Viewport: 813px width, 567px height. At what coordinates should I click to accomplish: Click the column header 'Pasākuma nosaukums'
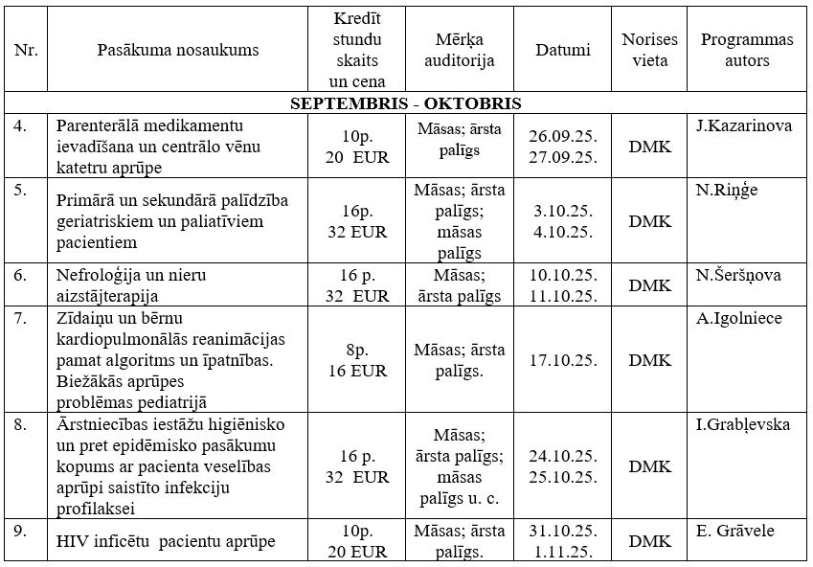click(x=178, y=51)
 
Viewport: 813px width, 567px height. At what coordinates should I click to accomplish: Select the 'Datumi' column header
click(x=563, y=51)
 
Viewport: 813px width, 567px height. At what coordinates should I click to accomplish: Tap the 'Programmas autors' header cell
click(x=747, y=51)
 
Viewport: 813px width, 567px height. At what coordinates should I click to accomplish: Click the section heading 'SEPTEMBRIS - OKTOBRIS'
click(x=405, y=103)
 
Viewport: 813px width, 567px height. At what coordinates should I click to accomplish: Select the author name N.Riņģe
click(x=727, y=190)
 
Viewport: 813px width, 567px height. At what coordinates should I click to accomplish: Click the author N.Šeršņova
click(x=738, y=275)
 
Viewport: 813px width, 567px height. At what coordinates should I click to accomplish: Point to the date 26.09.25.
click(x=563, y=137)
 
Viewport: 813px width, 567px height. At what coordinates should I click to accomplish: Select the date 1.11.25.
click(x=563, y=551)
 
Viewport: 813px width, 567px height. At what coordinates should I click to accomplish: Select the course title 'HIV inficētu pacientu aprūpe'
click(x=166, y=542)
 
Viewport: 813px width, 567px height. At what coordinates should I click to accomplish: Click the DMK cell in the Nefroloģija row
click(x=650, y=285)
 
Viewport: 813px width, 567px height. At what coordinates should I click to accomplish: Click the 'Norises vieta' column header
click(x=650, y=51)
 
